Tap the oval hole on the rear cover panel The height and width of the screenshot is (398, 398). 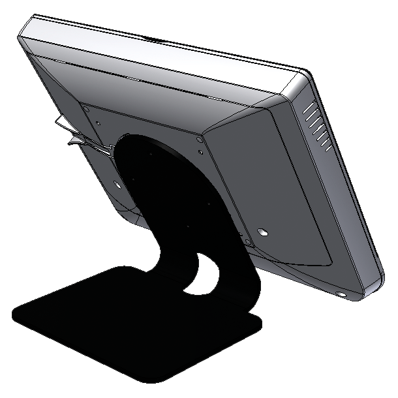[x=262, y=232]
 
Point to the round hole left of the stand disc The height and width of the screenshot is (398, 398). [x=117, y=184]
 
